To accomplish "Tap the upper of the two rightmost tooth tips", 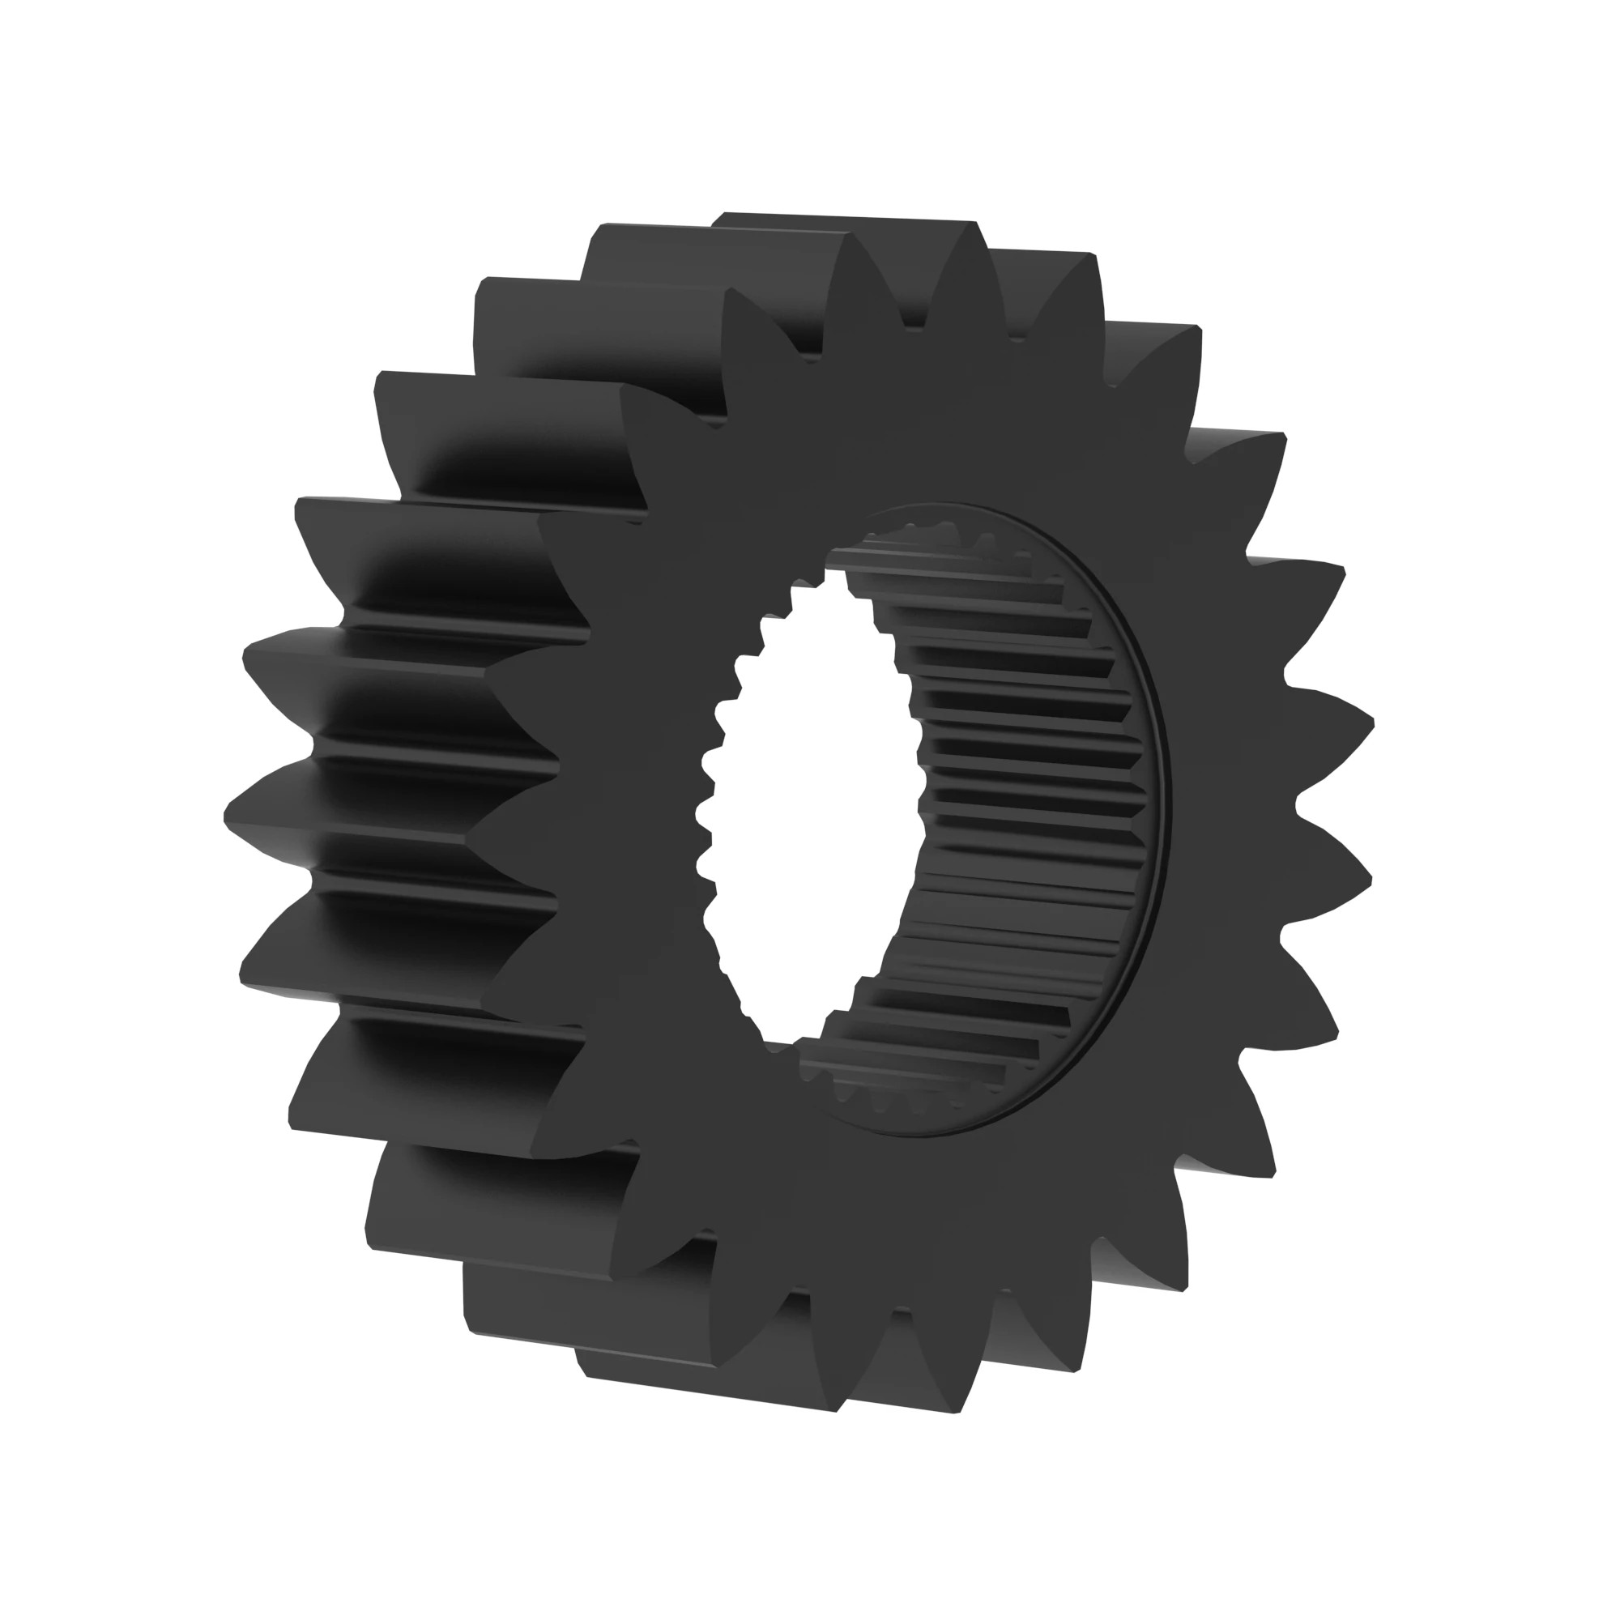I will point(1372,721).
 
